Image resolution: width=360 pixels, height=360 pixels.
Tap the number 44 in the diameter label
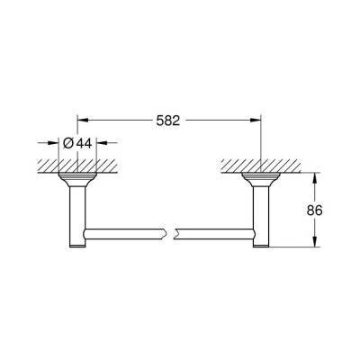(x=82, y=142)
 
